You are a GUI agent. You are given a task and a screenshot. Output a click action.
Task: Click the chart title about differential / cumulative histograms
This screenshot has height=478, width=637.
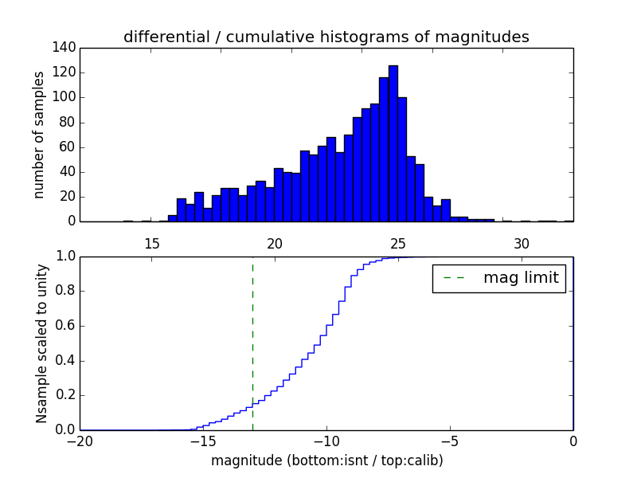[326, 37]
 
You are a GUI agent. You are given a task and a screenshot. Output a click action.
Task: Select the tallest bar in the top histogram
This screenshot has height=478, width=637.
[393, 143]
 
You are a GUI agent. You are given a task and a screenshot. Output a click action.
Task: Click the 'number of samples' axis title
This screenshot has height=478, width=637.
[38, 134]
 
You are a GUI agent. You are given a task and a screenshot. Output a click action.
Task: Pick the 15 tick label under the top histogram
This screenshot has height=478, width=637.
[151, 243]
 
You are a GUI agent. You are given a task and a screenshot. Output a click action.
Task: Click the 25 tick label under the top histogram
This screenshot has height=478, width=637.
[398, 243]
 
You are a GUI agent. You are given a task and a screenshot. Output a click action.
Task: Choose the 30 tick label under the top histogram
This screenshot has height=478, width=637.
[522, 243]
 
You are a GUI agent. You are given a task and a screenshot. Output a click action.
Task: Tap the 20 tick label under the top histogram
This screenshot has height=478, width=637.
[275, 243]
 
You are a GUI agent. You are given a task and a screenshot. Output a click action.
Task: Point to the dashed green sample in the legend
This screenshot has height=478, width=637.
[454, 278]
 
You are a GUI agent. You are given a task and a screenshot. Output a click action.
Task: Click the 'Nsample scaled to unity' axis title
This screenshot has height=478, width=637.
[41, 343]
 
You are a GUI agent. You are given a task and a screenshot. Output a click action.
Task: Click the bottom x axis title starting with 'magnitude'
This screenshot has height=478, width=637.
[326, 460]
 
